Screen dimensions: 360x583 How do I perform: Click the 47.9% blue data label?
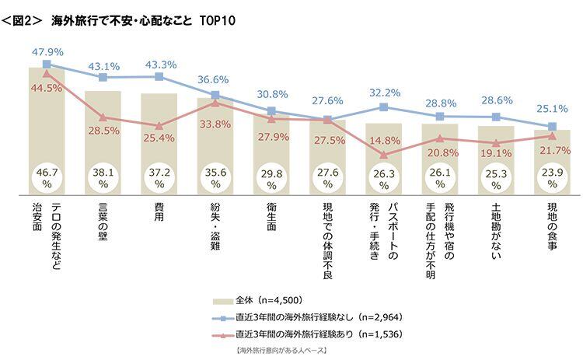click(x=47, y=51)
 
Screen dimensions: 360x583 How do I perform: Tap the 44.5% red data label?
click(x=47, y=89)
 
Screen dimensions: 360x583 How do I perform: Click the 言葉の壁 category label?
click(x=103, y=222)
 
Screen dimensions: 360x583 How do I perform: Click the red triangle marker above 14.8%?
click(x=384, y=156)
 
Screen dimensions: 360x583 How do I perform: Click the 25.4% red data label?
click(x=159, y=139)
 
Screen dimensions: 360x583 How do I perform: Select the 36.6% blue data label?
click(x=215, y=79)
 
